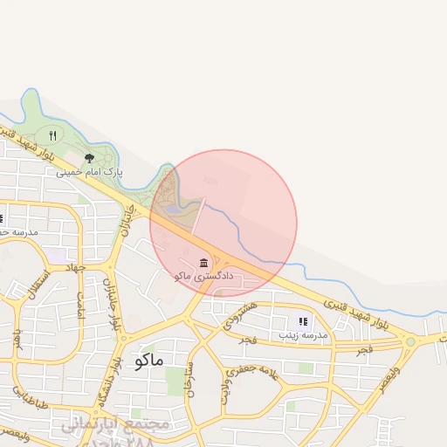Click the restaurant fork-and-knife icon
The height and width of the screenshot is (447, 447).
coord(53,135)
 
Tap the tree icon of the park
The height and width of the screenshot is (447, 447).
coord(89,158)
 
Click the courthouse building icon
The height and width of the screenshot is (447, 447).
coord(203,263)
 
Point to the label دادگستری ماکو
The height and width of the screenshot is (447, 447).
coord(195,276)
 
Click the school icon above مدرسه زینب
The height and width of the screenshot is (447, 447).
coord(303,321)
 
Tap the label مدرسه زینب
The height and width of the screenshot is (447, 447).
coord(303,335)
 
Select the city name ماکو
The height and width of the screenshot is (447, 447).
coord(150,361)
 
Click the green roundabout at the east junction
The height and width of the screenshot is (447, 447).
coord(410,341)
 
